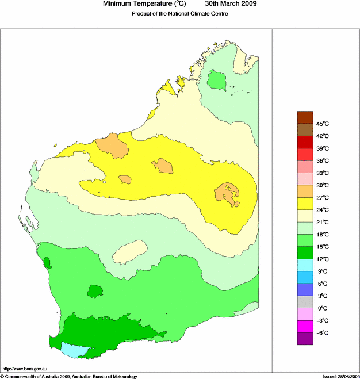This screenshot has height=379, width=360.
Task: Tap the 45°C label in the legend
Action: click(x=322, y=124)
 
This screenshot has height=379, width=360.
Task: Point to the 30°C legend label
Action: click(x=322, y=185)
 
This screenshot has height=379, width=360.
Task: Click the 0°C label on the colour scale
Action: click(x=322, y=308)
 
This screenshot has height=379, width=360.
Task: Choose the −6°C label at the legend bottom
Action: click(x=322, y=333)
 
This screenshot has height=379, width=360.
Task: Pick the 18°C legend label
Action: click(x=322, y=235)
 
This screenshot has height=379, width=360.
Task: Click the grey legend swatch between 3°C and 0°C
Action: click(x=305, y=302)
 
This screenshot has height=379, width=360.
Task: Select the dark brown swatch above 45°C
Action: click(x=305, y=117)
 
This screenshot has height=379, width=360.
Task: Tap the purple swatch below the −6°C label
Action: click(x=305, y=339)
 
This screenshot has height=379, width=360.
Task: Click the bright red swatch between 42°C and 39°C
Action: click(x=305, y=141)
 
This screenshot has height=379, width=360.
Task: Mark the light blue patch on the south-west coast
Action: click(x=75, y=349)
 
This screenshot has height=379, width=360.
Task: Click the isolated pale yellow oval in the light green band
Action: click(x=129, y=251)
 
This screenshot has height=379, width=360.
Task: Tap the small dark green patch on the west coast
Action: click(x=47, y=264)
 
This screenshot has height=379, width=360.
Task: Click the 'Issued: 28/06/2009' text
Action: click(x=337, y=376)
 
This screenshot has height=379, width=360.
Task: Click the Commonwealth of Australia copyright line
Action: click(x=69, y=376)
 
